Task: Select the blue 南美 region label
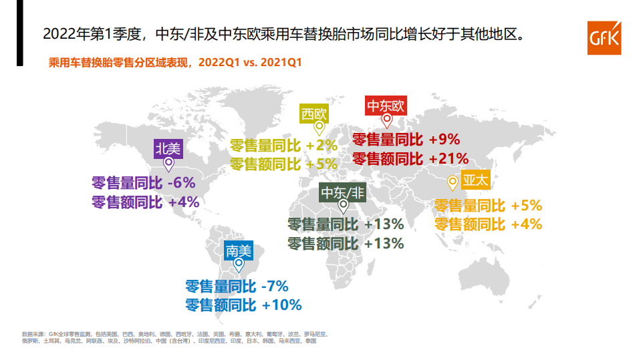[239, 251]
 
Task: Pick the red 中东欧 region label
[386, 106]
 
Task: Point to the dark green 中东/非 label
[343, 193]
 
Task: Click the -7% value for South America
[275, 287]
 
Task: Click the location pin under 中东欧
[386, 121]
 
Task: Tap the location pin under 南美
[239, 265]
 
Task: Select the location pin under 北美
[168, 162]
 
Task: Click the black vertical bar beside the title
[20, 33]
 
